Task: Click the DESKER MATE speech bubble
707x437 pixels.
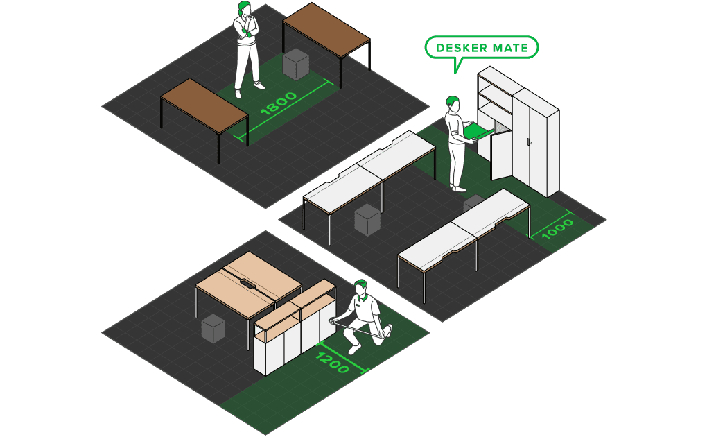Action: coord(482,48)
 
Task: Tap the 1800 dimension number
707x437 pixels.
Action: coord(278,103)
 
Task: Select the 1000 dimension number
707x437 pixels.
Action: coord(557,228)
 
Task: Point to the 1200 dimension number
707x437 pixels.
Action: coord(333,363)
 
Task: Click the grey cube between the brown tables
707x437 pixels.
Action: coord(296,64)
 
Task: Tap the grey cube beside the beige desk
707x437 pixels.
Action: coord(213,328)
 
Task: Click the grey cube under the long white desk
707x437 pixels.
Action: coord(367,219)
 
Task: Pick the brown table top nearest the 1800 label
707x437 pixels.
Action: coord(204,104)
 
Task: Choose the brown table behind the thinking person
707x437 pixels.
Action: coord(326,28)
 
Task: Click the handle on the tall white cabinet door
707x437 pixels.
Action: coord(528,142)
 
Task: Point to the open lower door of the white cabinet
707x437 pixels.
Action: coord(501,155)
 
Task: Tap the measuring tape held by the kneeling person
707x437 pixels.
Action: coord(358,328)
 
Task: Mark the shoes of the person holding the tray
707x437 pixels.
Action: coord(458,187)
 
